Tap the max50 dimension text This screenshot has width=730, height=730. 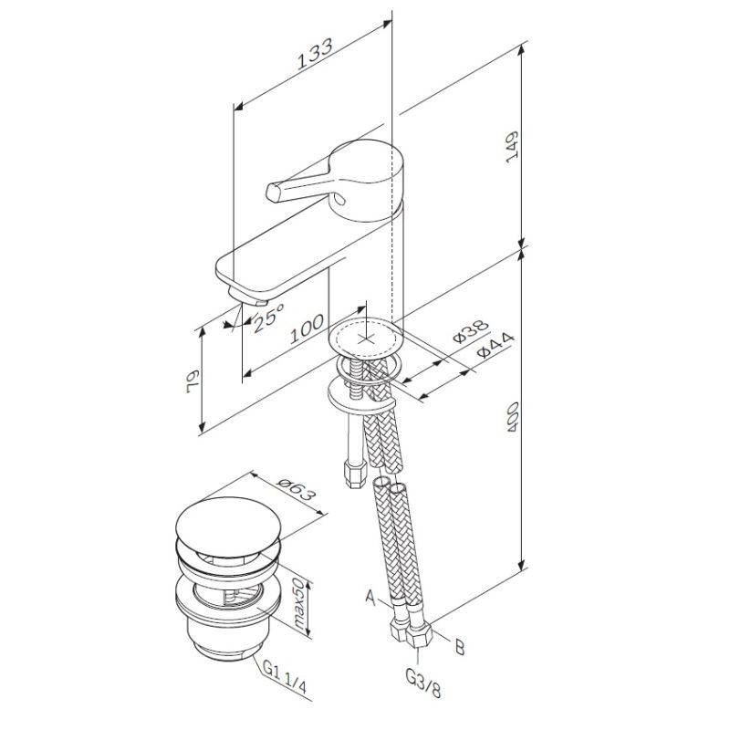point(298,605)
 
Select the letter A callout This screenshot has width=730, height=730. point(370,599)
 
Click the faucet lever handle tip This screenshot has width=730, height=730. point(273,193)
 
